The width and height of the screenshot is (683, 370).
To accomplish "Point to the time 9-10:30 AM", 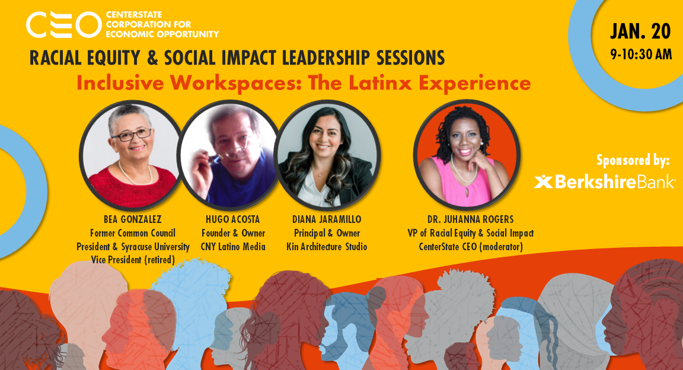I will (x=641, y=55).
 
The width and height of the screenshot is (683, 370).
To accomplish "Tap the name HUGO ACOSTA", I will (x=233, y=220).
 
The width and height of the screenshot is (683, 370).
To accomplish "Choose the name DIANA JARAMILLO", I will (x=327, y=220).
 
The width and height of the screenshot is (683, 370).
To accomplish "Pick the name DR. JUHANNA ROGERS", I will (x=470, y=220).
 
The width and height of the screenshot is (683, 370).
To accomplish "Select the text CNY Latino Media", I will (x=233, y=246).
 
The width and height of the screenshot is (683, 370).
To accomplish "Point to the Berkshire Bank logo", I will (x=604, y=181).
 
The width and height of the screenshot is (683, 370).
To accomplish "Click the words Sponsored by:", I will (x=633, y=160).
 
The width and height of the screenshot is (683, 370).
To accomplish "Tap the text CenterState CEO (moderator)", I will (x=470, y=246).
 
